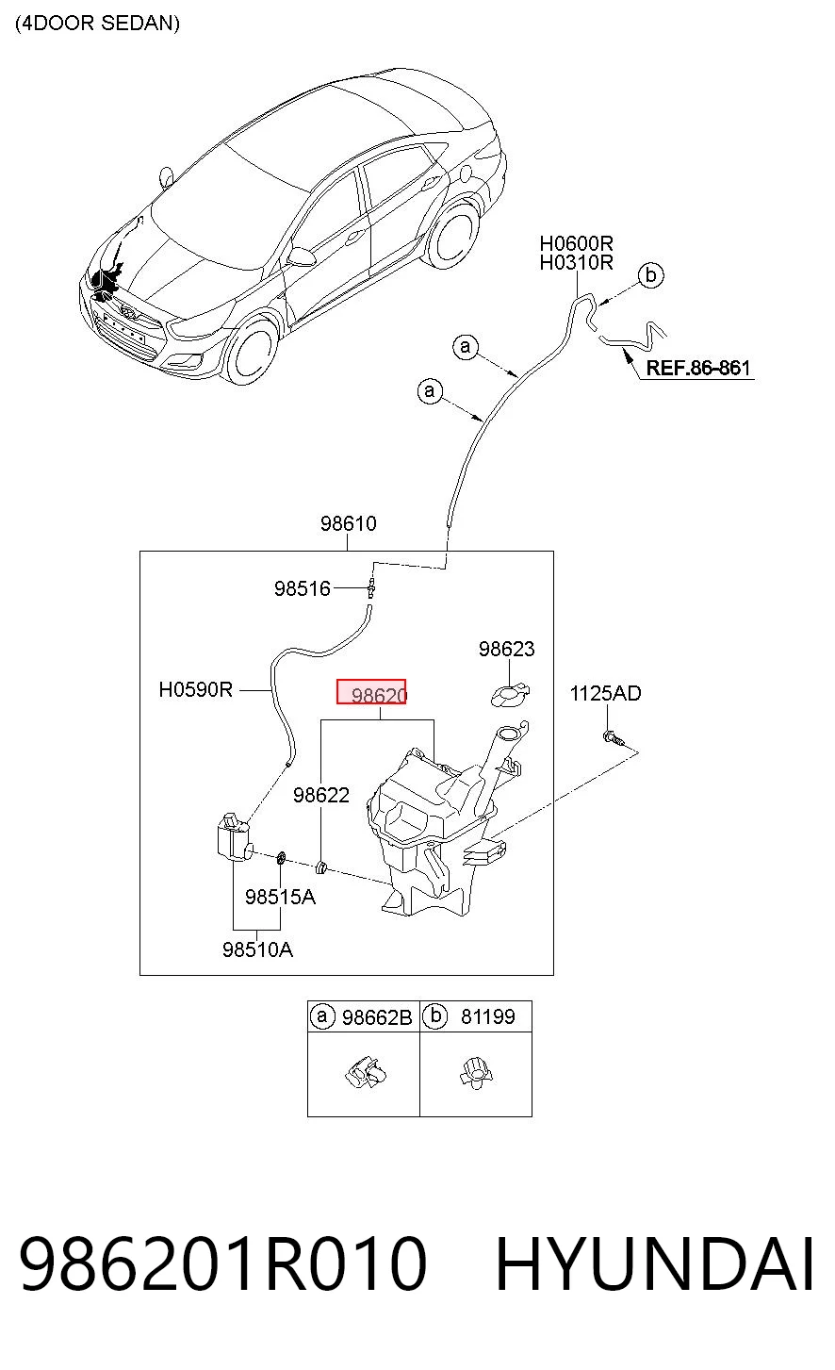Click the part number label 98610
tap(349, 523)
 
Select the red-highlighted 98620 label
tap(371, 692)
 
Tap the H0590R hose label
tap(196, 690)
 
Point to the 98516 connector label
tap(302, 588)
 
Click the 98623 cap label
tap(507, 649)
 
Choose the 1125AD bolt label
tap(605, 694)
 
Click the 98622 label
tap(321, 795)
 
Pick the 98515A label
tap(280, 898)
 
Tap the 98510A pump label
tap(257, 949)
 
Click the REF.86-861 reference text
tap(698, 368)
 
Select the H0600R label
tap(576, 243)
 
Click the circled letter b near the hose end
tap(650, 275)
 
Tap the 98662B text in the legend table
tap(377, 1017)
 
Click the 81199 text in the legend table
tap(488, 1016)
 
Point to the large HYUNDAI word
tap(655, 1263)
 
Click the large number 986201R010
tap(223, 1263)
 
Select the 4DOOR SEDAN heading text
tap(98, 24)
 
